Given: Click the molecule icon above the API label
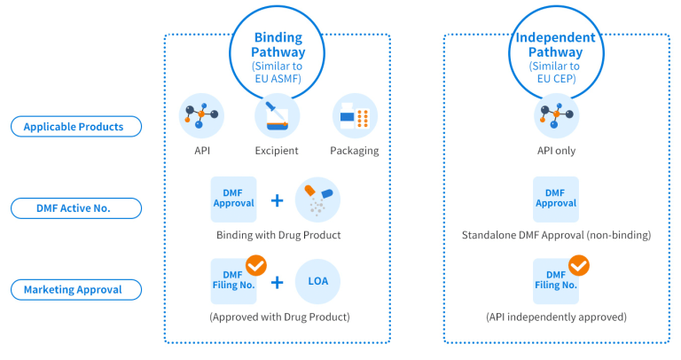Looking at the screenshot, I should point(201,116).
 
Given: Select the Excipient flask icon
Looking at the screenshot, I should point(278,116).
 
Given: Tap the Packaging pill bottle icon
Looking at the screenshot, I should point(356,116).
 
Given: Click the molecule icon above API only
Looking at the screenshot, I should point(556,116).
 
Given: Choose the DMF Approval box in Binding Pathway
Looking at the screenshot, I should point(233,199).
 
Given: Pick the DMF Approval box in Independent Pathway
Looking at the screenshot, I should point(556,199).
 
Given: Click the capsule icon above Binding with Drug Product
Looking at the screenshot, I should point(317,199).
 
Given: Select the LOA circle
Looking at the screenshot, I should point(317,281).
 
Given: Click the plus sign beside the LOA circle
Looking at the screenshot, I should point(277,282).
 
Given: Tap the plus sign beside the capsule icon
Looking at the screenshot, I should point(277,200).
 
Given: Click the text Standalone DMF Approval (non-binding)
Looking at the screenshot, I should point(556,236).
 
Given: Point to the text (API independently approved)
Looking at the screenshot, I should point(556,317).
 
